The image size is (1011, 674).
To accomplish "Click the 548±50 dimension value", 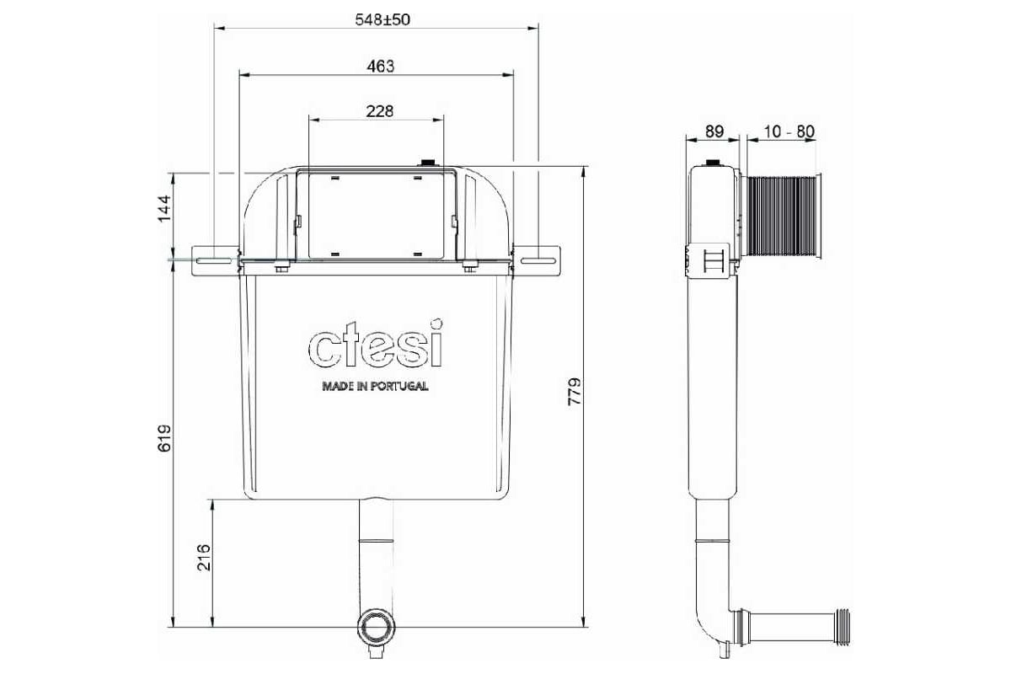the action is coord(382,20).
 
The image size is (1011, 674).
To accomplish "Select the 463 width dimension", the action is coord(381,67).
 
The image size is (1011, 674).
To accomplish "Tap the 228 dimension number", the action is coord(380,111).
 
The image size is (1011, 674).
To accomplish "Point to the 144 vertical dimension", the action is coord(164,208).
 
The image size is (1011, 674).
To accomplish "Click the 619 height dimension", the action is coord(164,438).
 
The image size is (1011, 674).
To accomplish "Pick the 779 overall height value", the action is coord(574,392).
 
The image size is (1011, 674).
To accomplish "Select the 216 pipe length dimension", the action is coord(204,557).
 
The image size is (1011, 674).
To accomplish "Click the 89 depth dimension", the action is coord(714,131).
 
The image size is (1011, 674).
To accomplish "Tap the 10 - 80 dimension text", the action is coord(789,131).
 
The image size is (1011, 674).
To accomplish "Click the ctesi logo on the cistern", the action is coord(376,345).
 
